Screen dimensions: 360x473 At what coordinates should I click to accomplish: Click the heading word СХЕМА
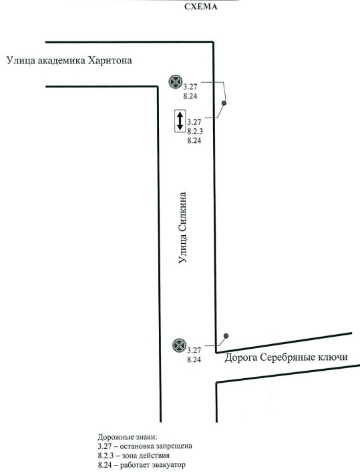tap(201, 7)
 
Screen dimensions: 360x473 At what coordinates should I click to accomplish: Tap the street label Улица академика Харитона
tap(69, 61)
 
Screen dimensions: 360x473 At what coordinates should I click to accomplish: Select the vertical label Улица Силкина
tap(182, 228)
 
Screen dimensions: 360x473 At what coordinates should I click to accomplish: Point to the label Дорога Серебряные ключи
tap(286, 357)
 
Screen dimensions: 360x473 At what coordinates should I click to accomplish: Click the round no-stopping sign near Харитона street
tap(176, 82)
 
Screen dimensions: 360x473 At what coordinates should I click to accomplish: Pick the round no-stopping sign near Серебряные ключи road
tap(180, 345)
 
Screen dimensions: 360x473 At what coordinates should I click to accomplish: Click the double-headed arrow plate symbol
tap(180, 121)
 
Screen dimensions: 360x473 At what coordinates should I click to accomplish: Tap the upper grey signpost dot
tap(224, 103)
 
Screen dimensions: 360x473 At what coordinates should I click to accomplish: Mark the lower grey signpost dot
tap(226, 336)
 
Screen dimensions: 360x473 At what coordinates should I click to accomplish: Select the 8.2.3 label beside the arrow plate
tap(195, 131)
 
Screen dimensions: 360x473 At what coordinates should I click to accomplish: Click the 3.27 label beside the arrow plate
tap(194, 122)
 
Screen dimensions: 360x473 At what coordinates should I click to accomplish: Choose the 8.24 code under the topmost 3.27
tap(190, 96)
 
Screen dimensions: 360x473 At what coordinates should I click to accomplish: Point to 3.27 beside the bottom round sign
tap(194, 350)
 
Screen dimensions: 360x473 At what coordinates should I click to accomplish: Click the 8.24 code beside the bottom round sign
tap(194, 359)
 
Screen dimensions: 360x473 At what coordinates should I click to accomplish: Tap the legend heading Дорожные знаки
tap(128, 437)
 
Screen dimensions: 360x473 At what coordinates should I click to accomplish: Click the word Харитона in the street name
tap(110, 60)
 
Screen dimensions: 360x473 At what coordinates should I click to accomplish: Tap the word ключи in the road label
tap(333, 357)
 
